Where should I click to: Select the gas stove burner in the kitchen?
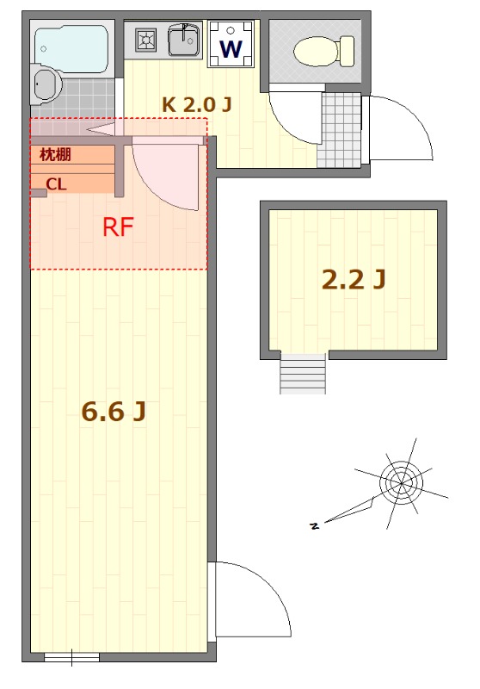click(145, 39)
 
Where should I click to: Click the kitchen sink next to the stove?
click(182, 40)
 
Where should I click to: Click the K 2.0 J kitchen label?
click(197, 104)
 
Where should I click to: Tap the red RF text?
click(118, 227)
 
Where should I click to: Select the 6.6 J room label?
click(113, 412)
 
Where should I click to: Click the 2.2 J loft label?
click(353, 278)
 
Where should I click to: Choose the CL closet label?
click(56, 183)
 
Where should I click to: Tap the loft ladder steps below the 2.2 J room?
click(303, 373)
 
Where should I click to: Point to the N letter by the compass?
click(315, 525)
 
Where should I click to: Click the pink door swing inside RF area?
click(168, 172)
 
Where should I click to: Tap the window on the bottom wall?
click(71, 658)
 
